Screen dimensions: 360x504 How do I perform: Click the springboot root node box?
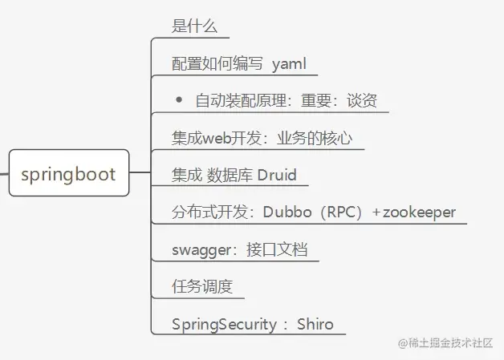[68, 173]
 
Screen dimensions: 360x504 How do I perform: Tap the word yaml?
[290, 64]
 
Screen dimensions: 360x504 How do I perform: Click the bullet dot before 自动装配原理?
[179, 100]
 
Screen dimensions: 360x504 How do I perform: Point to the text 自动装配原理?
[234, 101]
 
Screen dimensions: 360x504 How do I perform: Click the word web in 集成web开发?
[217, 138]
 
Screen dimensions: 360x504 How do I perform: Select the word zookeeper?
[419, 212]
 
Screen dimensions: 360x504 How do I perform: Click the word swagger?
[197, 249]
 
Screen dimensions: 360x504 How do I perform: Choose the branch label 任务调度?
[196, 286]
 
